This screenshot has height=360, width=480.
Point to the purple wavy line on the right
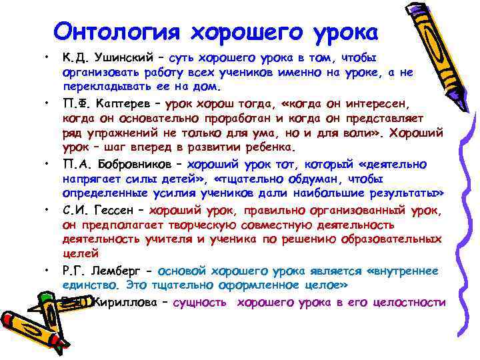pyautogui.click(x=464, y=200)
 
